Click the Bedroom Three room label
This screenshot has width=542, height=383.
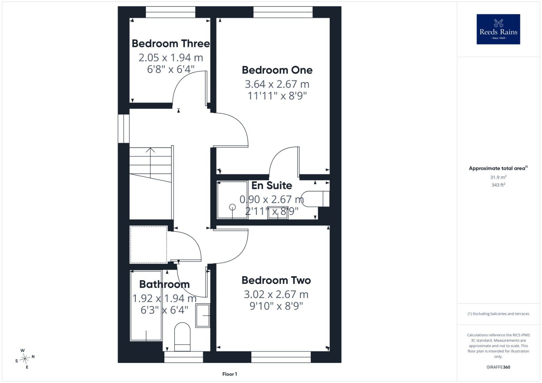171,44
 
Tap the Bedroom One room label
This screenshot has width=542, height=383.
277,70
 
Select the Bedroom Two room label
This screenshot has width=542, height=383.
276,280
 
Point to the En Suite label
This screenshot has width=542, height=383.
272,186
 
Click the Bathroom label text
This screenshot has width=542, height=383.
164,285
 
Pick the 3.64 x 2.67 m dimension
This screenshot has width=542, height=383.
277,84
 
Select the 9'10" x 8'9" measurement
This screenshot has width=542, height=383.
276,306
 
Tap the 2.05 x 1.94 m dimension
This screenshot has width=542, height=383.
171,58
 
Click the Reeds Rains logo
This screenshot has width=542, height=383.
498,29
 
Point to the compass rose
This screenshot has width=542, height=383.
25,359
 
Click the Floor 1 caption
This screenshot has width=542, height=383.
230,374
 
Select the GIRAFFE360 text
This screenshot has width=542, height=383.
498,367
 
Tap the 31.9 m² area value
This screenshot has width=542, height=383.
498,177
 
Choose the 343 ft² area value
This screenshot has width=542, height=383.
498,185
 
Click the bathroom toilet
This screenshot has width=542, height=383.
182,337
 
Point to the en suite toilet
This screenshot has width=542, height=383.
315,199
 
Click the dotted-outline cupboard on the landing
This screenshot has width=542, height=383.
149,245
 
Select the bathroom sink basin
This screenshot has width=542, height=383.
203,316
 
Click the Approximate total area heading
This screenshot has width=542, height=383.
498,168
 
